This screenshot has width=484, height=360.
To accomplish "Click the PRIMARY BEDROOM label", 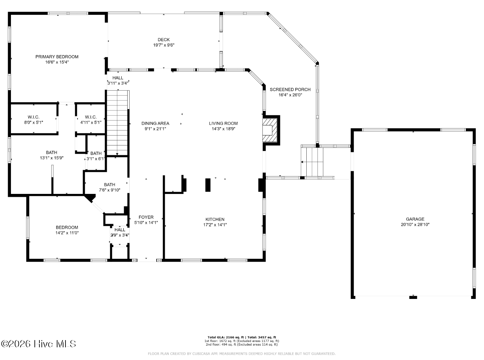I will (x=57, y=57).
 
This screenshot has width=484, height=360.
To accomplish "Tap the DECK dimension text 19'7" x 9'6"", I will (x=164, y=45).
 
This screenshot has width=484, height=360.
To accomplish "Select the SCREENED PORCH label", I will (x=290, y=90).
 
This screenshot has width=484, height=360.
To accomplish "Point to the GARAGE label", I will (x=415, y=219).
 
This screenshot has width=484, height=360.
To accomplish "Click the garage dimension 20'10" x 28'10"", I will (x=415, y=224).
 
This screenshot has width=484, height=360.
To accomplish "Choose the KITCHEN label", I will (x=215, y=219).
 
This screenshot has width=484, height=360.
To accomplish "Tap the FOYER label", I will (x=146, y=217).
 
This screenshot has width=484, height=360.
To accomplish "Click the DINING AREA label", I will (x=155, y=123).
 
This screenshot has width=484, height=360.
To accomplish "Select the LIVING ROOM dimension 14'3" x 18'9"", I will (x=223, y=129).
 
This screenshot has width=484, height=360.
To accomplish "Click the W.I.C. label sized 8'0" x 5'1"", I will (x=34, y=117).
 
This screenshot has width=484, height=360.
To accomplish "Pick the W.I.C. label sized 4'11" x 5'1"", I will (x=91, y=117).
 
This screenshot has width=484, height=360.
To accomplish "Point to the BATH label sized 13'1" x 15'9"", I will (x=51, y=152).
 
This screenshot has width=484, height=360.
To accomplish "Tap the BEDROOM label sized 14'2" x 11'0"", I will (x=67, y=227).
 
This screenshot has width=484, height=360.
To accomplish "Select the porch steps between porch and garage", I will (x=312, y=161).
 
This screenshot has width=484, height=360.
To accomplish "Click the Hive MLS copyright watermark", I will (x=38, y=344).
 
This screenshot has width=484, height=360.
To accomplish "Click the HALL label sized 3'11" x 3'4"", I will (x=118, y=78).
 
